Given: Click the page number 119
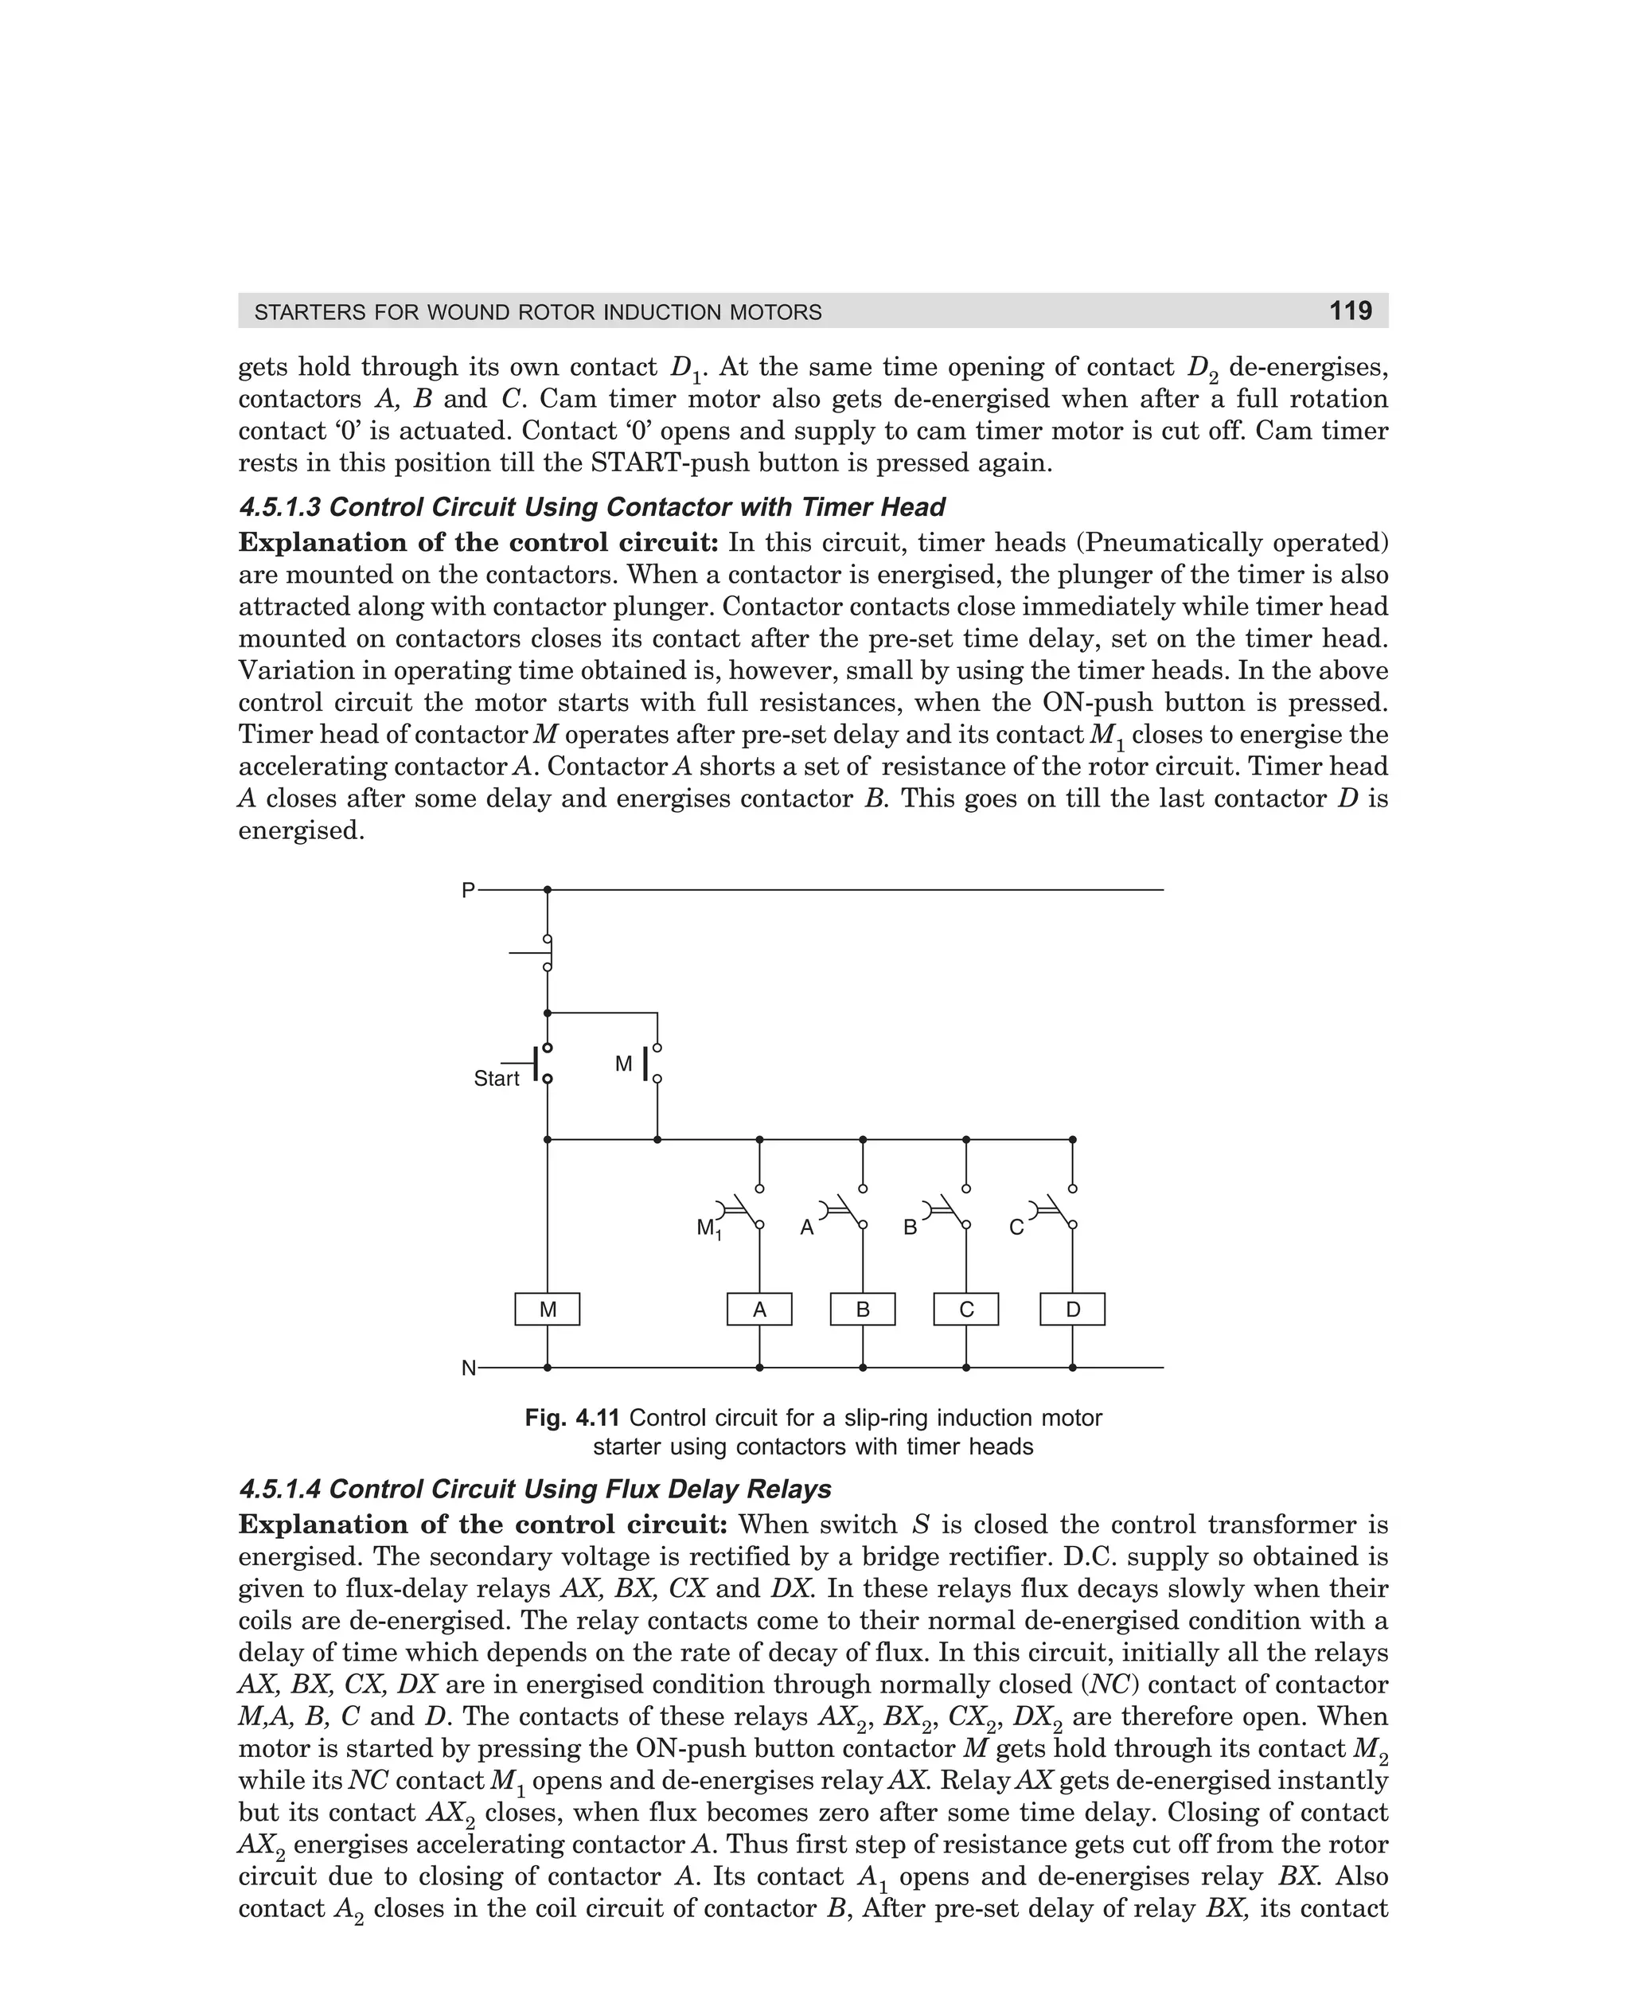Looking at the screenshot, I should [x=1350, y=310].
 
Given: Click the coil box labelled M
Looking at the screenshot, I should [x=548, y=1309].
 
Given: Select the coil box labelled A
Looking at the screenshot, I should [x=759, y=1309].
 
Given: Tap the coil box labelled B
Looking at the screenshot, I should [x=863, y=1309].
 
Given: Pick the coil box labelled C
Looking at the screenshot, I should [x=966, y=1309].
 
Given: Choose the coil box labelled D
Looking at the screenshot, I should [x=1072, y=1309].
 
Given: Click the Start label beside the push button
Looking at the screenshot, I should [x=496, y=1079].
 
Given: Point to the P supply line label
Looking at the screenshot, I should [x=468, y=890].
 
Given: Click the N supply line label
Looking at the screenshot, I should [x=469, y=1369].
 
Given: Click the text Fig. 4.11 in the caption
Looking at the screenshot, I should [x=573, y=1418].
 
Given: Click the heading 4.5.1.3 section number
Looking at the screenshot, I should [x=280, y=507].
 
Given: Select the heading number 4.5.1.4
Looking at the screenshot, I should [x=280, y=1490].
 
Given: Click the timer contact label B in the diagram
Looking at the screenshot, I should [x=910, y=1228].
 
